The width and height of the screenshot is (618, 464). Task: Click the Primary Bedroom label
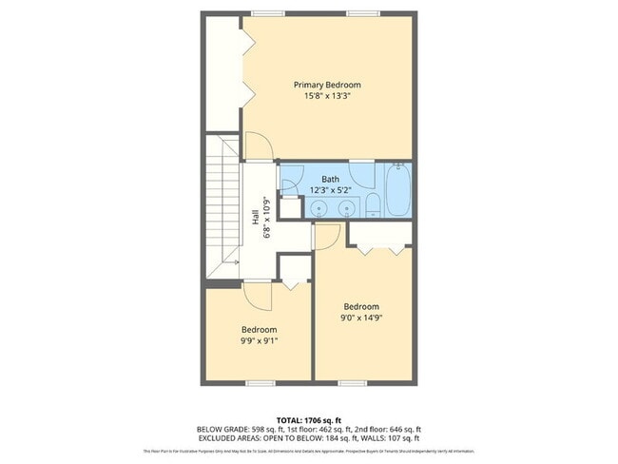click(x=326, y=85)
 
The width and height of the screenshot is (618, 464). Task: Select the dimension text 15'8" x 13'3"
click(x=326, y=96)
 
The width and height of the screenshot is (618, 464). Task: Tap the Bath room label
click(x=330, y=179)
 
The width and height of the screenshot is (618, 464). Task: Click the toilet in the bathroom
click(x=373, y=204)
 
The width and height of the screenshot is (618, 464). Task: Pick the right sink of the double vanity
click(x=347, y=206)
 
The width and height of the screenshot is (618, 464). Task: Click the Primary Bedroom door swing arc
click(x=259, y=145)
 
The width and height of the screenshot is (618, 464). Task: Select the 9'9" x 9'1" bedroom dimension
click(x=259, y=340)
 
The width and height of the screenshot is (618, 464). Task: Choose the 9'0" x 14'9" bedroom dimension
click(x=361, y=318)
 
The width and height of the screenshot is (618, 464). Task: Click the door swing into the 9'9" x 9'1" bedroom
click(x=257, y=295)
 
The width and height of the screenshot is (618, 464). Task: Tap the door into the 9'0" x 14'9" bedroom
click(x=324, y=238)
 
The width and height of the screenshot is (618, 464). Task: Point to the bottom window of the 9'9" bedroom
click(x=260, y=383)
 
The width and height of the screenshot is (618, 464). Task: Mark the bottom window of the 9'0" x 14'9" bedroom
click(x=352, y=383)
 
